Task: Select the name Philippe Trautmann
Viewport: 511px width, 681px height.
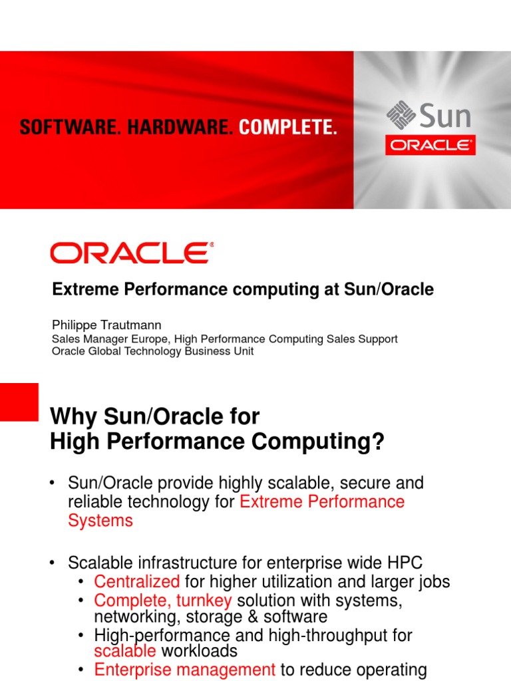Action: pyautogui.click(x=107, y=325)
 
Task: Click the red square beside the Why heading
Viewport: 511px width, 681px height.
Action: pyautogui.click(x=19, y=402)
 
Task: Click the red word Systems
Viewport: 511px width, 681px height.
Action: pyautogui.click(x=100, y=520)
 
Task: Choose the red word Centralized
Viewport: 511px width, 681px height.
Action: pyautogui.click(x=137, y=582)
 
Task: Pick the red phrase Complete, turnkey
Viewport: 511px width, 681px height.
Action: pyautogui.click(x=163, y=601)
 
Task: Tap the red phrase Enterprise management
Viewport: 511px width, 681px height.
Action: pyautogui.click(x=185, y=670)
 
